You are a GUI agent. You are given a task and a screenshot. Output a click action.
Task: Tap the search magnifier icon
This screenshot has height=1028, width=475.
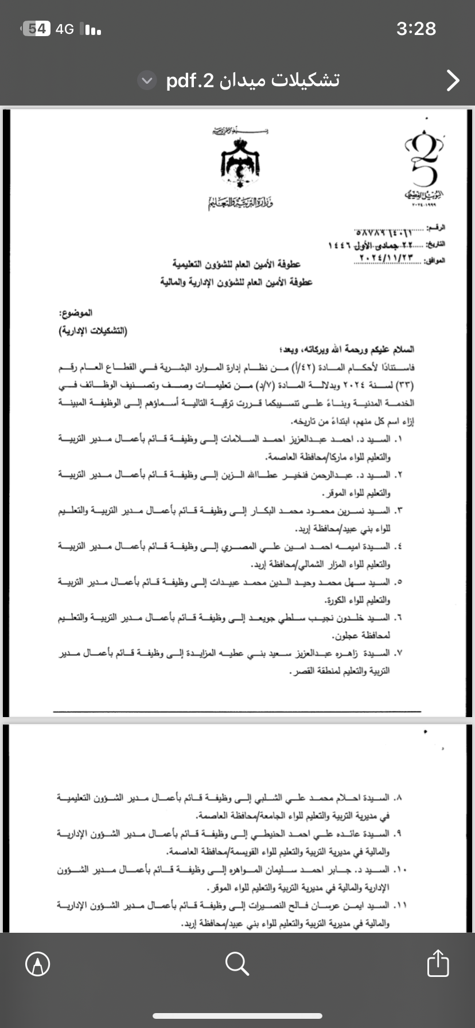[237, 964]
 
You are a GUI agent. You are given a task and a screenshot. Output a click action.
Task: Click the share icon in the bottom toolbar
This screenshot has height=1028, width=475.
[438, 964]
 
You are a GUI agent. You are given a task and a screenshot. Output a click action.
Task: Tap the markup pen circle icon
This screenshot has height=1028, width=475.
[38, 964]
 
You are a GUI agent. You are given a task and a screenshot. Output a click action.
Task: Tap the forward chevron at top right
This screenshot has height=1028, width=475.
[453, 81]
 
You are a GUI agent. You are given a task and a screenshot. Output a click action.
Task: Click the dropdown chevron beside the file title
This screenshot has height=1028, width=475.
[147, 81]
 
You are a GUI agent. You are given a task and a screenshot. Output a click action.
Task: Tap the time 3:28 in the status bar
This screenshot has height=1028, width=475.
[416, 29]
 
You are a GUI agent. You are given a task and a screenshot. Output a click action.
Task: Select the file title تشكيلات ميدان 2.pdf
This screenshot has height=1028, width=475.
[253, 80]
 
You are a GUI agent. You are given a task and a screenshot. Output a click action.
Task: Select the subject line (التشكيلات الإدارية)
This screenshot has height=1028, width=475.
[93, 332]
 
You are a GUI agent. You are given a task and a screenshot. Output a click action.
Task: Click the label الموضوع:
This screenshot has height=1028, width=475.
[76, 314]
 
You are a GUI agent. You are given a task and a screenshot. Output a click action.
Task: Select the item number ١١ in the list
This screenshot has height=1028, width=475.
[400, 905]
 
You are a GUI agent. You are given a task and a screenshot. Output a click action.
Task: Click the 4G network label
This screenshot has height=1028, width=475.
[64, 29]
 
